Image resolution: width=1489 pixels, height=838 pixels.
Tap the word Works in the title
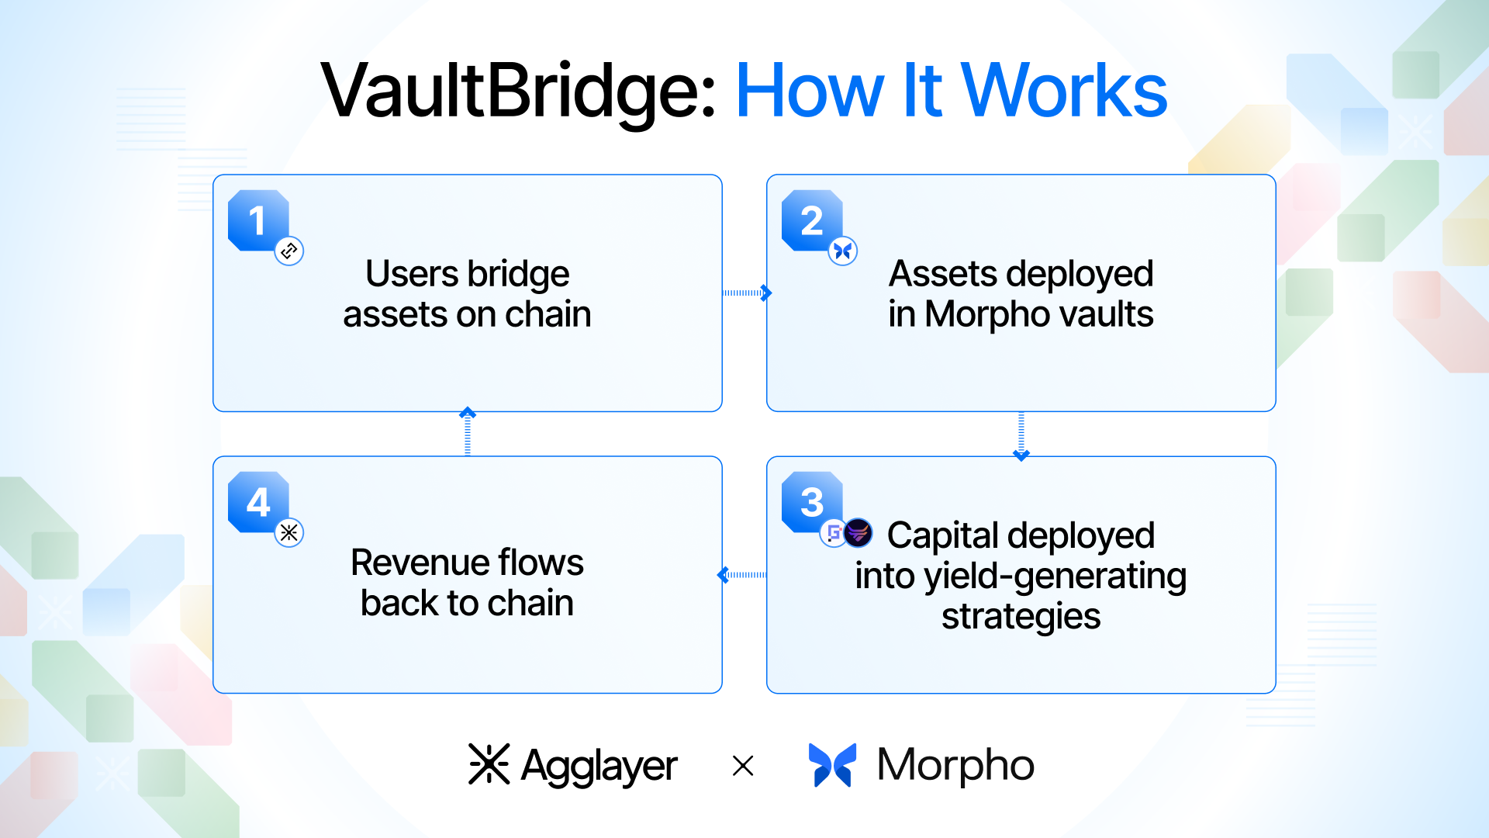tap(1064, 92)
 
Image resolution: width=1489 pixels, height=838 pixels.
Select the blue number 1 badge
tap(258, 220)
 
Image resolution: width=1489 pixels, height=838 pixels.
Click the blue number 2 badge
tap(811, 220)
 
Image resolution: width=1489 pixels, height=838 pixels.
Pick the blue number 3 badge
tap(811, 502)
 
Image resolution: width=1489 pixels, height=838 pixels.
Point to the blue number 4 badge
tap(258, 502)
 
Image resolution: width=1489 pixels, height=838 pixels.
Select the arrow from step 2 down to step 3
tap(1021, 435)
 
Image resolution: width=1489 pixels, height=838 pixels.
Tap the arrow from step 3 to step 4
tap(742, 575)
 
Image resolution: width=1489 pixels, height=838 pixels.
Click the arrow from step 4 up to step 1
tap(468, 432)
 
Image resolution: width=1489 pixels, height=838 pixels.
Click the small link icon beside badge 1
tap(289, 251)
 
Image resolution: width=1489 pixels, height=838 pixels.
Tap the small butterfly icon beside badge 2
tap(843, 251)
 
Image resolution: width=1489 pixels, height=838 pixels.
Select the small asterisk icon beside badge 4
tap(289, 532)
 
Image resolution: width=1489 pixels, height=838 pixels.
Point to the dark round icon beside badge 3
tap(859, 532)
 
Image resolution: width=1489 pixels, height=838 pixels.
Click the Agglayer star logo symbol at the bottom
tap(489, 765)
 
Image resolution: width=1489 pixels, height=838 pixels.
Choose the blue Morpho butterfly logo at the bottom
tap(832, 765)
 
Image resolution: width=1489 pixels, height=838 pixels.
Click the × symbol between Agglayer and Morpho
tap(743, 766)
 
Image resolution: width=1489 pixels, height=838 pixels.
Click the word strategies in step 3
tap(1021, 617)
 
